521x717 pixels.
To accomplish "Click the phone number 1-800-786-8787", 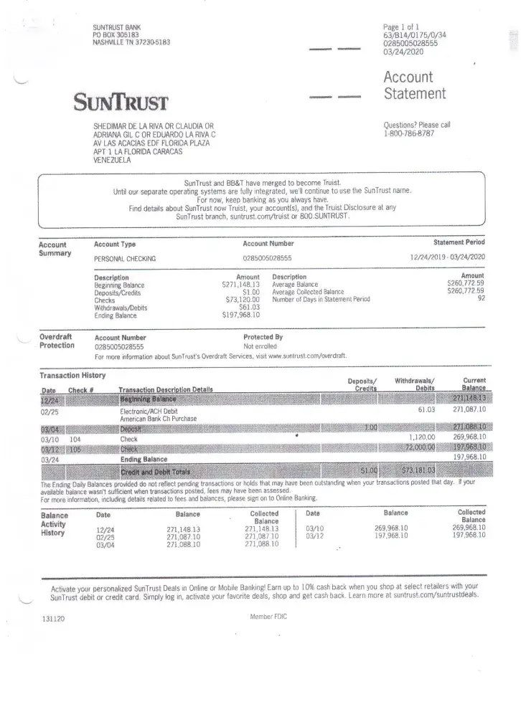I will pos(409,133).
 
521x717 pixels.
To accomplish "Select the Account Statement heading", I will pos(414,85).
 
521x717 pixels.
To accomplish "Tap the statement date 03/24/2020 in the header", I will pos(403,52).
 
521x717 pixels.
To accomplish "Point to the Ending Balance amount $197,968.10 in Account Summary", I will pos(241,315).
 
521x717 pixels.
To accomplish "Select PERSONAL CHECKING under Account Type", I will pos(125,258).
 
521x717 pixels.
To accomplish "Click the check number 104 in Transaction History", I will pos(75,437).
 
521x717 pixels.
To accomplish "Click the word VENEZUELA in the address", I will pos(113,161).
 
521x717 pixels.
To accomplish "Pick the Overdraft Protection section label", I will pos(57,341).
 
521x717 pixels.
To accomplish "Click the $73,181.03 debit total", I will pos(416,470).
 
